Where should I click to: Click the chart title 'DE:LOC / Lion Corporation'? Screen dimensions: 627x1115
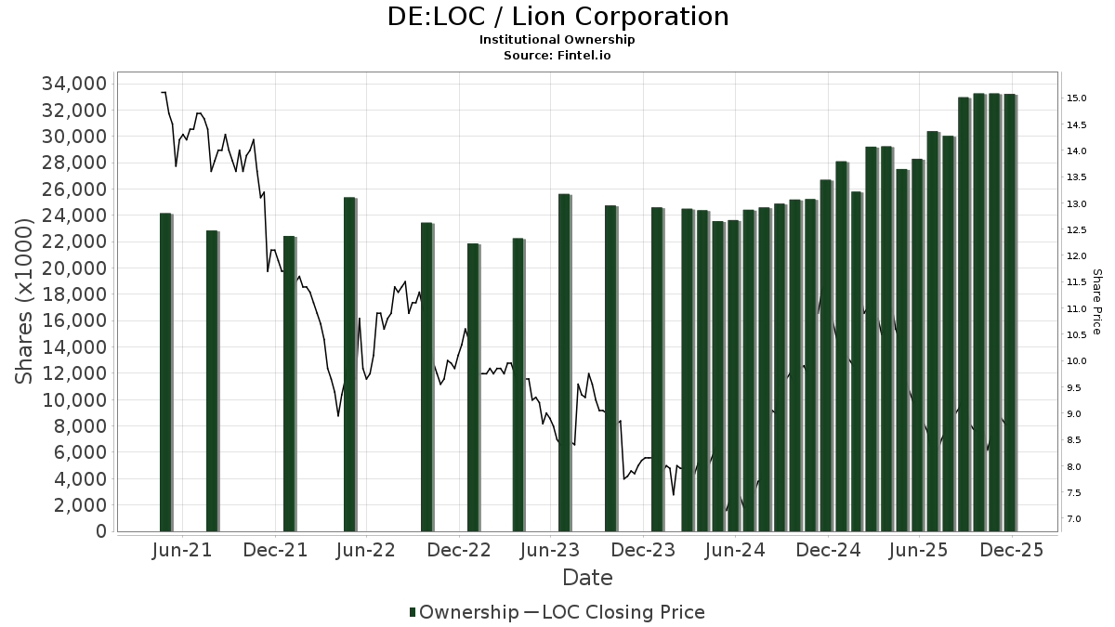pyautogui.click(x=557, y=17)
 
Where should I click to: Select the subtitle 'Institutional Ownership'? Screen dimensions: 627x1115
pyautogui.click(x=557, y=40)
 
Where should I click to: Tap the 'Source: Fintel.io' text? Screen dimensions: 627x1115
pyautogui.click(x=557, y=56)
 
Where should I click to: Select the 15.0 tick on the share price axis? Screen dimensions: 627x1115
pyautogui.click(x=1077, y=98)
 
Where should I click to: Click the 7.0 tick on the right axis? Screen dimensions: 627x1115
pyautogui.click(x=1074, y=519)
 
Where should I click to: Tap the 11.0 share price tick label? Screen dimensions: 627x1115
pyautogui.click(x=1077, y=309)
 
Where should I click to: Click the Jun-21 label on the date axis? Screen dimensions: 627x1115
pyautogui.click(x=182, y=550)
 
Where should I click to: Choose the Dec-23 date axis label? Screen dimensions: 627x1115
pyautogui.click(x=643, y=550)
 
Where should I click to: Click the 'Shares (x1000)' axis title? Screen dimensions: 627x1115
pyautogui.click(x=26, y=307)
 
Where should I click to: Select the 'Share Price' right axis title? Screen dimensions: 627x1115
pyautogui.click(x=1097, y=302)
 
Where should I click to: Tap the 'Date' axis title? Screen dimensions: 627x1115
pyautogui.click(x=587, y=578)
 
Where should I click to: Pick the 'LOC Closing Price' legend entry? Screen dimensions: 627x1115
pyautogui.click(x=623, y=612)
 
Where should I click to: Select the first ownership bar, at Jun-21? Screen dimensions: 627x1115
pyautogui.click(x=165, y=372)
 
